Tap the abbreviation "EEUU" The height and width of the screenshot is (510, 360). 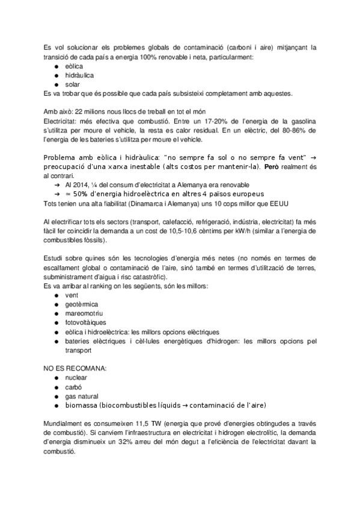pyautogui.click(x=279, y=203)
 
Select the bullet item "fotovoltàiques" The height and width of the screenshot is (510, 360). pyautogui.click(x=85, y=322)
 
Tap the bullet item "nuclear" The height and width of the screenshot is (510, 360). pyautogui.click(x=75, y=377)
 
